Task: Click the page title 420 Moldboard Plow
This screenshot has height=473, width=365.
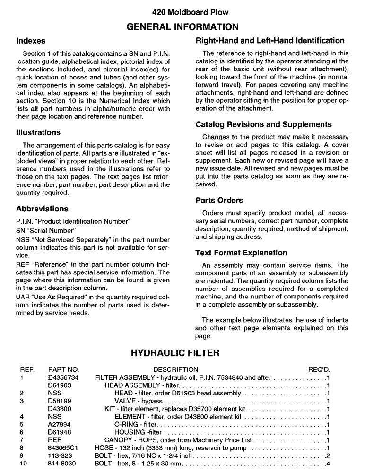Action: click(x=182, y=12)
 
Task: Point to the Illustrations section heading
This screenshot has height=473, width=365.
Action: click(x=38, y=133)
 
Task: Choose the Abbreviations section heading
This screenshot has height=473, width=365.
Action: click(x=42, y=209)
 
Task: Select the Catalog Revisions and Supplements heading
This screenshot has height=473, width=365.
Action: click(x=263, y=125)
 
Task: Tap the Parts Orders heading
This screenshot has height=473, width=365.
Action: click(x=219, y=201)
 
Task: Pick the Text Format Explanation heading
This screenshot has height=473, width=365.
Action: click(x=241, y=253)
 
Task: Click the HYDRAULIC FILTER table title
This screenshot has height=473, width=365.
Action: click(x=182, y=353)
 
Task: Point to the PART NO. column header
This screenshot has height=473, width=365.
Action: click(x=63, y=369)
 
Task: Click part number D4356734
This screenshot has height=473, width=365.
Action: click(x=63, y=377)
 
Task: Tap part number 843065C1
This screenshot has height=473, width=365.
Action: click(x=62, y=448)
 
